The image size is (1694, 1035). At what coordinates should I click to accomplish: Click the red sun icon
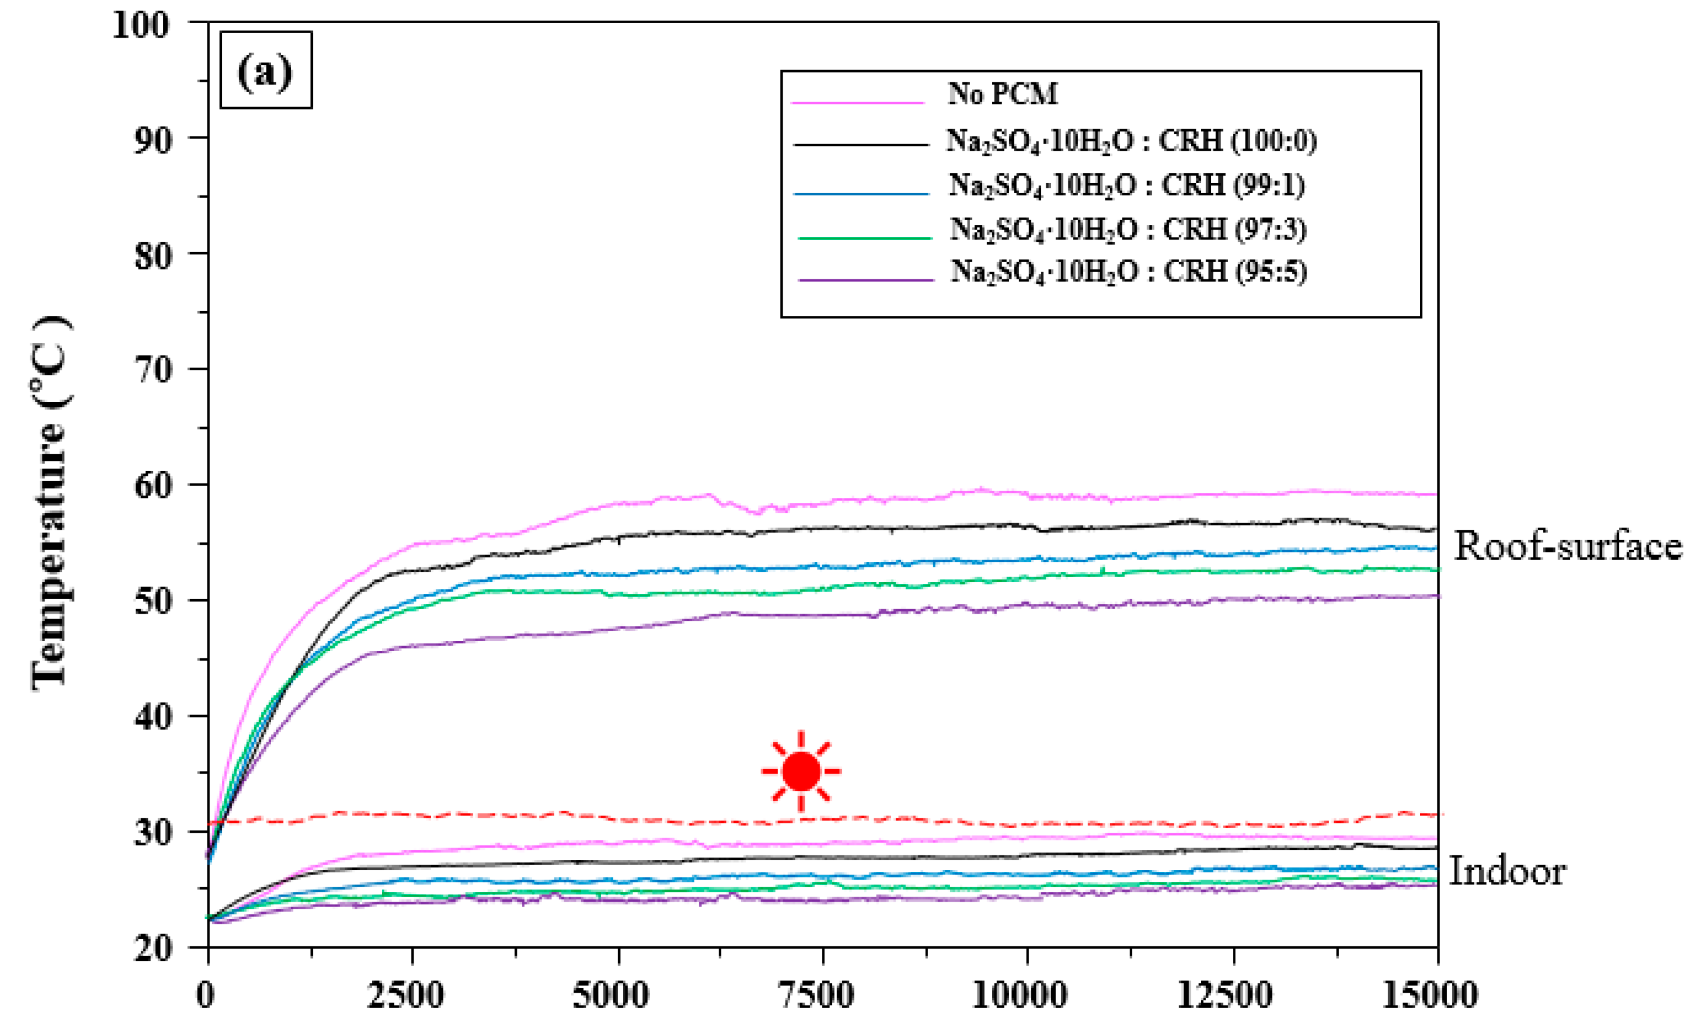[x=801, y=771]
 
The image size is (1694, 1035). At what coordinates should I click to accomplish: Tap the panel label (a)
[x=265, y=70]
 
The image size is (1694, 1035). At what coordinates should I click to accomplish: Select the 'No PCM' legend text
[x=1003, y=93]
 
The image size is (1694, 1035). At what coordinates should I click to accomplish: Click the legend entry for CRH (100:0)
[x=1131, y=141]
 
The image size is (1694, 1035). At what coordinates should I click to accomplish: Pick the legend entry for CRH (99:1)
[x=1127, y=185]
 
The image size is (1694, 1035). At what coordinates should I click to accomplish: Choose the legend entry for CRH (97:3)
[x=1128, y=229]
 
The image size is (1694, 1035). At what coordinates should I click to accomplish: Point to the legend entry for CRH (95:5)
[x=1129, y=272]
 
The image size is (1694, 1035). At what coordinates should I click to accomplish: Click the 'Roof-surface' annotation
[x=1568, y=546]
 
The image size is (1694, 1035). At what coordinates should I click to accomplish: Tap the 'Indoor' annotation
[x=1507, y=872]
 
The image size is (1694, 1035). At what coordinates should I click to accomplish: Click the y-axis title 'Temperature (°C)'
[x=49, y=502]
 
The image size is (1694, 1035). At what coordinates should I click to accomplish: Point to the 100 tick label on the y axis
[x=140, y=26]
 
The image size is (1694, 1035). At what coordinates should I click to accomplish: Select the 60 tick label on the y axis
[x=151, y=486]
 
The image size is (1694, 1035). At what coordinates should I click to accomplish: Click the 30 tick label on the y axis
[x=151, y=833]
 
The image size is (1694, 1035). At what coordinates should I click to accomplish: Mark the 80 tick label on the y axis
[x=151, y=256]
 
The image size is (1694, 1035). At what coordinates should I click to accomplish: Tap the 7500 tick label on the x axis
[x=816, y=995]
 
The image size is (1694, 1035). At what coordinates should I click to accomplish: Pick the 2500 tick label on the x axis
[x=406, y=995]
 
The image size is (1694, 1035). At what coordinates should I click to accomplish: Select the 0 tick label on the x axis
[x=205, y=995]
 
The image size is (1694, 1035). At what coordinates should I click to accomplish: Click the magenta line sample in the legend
[x=857, y=103]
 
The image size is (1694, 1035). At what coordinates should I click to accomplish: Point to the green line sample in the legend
[x=864, y=238]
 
